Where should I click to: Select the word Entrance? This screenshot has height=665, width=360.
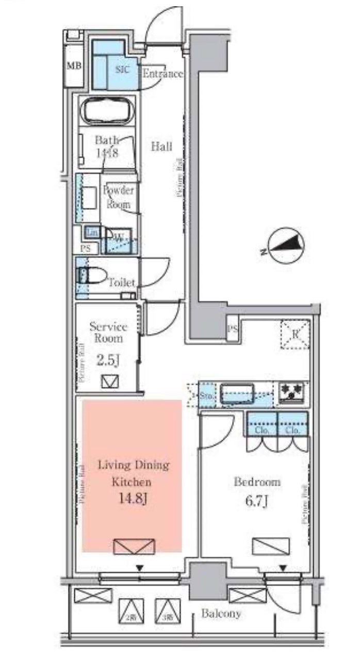162,74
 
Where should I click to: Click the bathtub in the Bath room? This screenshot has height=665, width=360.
108,111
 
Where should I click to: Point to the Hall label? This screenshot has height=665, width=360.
161,146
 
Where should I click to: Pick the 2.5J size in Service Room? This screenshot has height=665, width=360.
108,360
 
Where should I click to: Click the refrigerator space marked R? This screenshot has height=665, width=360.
294,334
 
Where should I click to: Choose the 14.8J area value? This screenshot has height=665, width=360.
132,500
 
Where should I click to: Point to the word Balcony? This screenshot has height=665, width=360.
221,613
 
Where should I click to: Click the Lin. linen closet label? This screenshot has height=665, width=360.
91,232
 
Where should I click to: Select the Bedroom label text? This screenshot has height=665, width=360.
257,482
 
